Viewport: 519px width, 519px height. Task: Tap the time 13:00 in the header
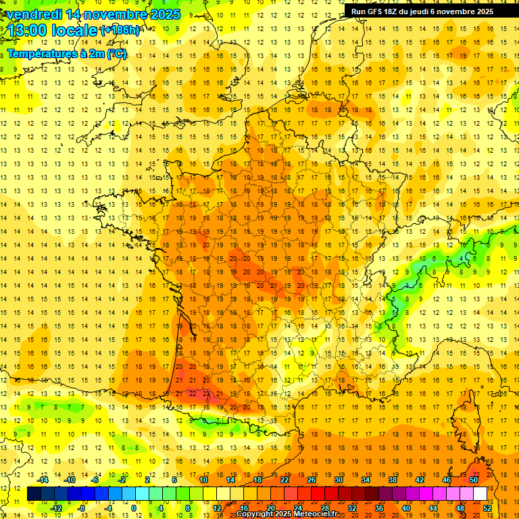(x=29, y=31)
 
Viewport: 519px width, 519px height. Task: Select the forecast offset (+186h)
(x=120, y=30)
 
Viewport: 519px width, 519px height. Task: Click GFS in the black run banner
(x=376, y=11)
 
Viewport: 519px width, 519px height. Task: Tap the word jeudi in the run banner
(x=424, y=11)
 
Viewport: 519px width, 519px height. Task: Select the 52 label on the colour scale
(x=487, y=508)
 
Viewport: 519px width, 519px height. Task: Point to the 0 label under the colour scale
(x=134, y=508)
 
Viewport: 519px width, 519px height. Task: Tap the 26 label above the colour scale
(x=312, y=480)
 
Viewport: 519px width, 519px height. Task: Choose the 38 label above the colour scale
(x=392, y=480)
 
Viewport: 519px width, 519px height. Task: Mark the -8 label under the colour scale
(x=82, y=508)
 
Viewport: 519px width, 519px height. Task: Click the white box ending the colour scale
(x=480, y=494)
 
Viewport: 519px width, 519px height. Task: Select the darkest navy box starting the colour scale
(x=34, y=494)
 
